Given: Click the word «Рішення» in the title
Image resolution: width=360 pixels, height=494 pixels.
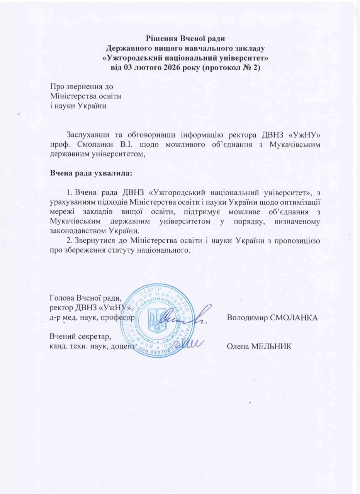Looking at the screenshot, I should click(160, 38).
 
